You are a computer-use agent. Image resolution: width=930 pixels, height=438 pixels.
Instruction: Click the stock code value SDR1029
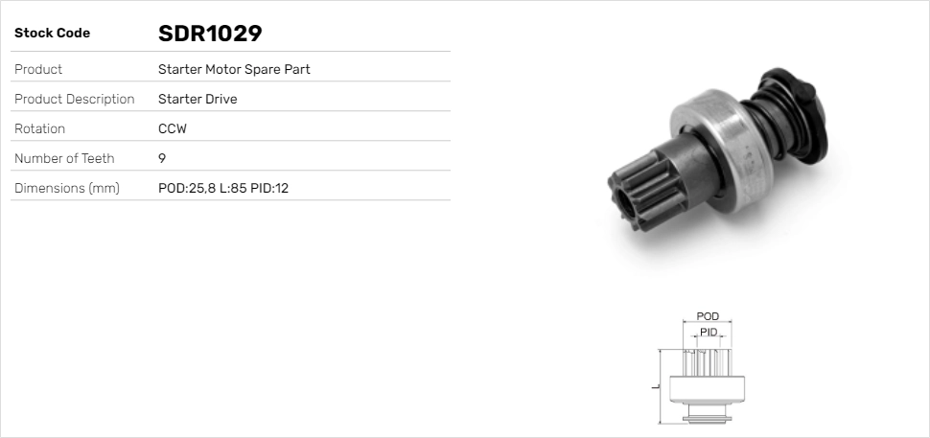click(x=210, y=34)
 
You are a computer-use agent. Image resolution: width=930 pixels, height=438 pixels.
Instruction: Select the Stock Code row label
click(x=52, y=34)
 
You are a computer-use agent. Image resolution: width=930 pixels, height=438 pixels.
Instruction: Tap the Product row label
click(x=38, y=69)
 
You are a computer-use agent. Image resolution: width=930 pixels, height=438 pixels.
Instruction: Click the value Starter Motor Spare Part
click(x=234, y=69)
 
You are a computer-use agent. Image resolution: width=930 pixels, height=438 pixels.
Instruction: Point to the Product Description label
click(x=74, y=99)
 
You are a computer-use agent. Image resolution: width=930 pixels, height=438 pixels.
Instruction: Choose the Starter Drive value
click(x=198, y=99)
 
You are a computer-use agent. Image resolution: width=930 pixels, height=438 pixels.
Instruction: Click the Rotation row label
click(x=39, y=128)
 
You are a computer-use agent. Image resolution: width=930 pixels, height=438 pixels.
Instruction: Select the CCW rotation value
click(x=172, y=128)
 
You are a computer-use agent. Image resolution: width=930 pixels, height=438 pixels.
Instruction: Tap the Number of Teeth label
click(x=64, y=158)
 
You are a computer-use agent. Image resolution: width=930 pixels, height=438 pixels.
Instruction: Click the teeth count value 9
click(x=162, y=158)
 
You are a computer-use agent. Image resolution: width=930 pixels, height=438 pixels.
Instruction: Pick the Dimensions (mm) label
click(x=66, y=188)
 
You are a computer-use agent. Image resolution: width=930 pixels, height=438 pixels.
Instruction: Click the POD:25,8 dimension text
click(x=186, y=188)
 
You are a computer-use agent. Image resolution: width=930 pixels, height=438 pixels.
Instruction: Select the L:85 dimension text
click(x=232, y=188)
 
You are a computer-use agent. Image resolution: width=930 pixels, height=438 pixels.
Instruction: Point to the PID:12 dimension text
click(x=269, y=188)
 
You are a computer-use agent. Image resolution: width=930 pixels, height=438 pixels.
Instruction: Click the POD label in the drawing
click(x=708, y=316)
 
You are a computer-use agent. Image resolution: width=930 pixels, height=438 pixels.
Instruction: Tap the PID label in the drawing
click(x=708, y=332)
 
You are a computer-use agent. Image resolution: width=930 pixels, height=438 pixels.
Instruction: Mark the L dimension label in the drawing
click(x=654, y=386)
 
